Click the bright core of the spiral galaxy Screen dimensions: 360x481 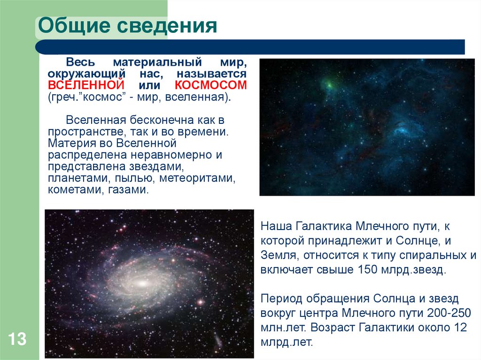click(x=141, y=283)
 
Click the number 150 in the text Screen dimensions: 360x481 click(x=368, y=270)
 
